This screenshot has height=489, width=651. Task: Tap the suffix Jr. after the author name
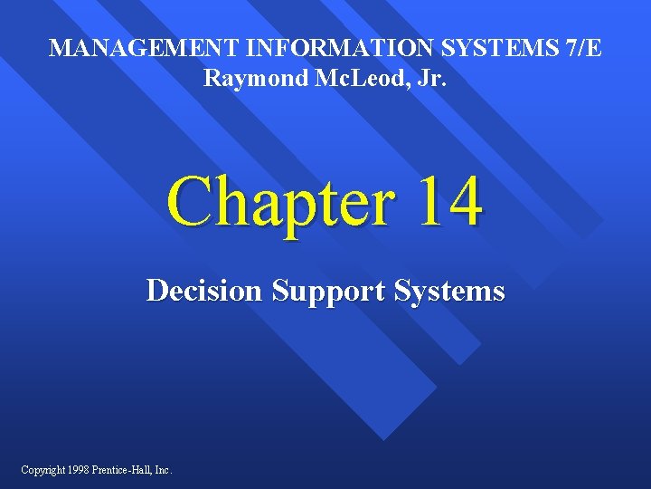(428, 79)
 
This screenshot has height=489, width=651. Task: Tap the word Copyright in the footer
(43, 469)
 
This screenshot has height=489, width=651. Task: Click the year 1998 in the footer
(81, 469)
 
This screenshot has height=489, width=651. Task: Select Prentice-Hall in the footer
(123, 469)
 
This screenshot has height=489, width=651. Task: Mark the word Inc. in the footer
(162, 469)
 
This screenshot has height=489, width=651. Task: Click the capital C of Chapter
(188, 201)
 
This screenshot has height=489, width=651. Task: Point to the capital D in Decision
(156, 292)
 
